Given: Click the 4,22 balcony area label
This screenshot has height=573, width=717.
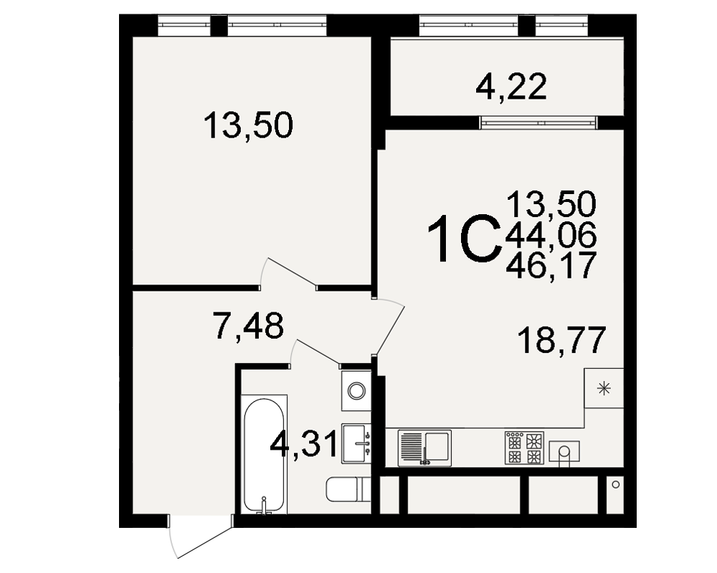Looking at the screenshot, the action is point(511,87).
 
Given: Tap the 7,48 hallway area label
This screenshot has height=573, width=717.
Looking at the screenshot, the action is point(248,325).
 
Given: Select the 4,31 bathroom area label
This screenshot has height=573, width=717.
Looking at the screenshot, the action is point(304,443).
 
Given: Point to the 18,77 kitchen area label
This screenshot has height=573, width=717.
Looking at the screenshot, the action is point(561,340).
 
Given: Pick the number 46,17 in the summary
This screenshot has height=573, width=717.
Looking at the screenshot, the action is point(551,265).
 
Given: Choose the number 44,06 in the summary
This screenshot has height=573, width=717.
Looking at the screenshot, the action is point(551,236).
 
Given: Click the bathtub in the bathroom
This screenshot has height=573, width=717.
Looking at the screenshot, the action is point(264,454).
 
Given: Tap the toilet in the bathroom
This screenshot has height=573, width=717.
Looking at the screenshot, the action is point(348,489).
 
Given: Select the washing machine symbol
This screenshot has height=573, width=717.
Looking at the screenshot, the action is point(356,390).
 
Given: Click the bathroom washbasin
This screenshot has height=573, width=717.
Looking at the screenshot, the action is point(356,443).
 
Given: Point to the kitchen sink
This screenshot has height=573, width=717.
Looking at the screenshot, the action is point(424,448).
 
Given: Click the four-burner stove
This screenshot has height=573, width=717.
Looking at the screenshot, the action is point(525,448).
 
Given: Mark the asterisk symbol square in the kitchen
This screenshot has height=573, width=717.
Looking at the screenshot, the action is point(604,388).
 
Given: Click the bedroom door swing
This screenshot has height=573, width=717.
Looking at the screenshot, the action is point(288,273).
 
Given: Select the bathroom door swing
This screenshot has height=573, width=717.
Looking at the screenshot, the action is point(315,353).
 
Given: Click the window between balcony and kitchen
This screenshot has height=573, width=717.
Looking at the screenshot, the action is point(538,122).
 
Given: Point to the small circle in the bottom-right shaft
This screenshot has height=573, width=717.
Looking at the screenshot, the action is point(615,484).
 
